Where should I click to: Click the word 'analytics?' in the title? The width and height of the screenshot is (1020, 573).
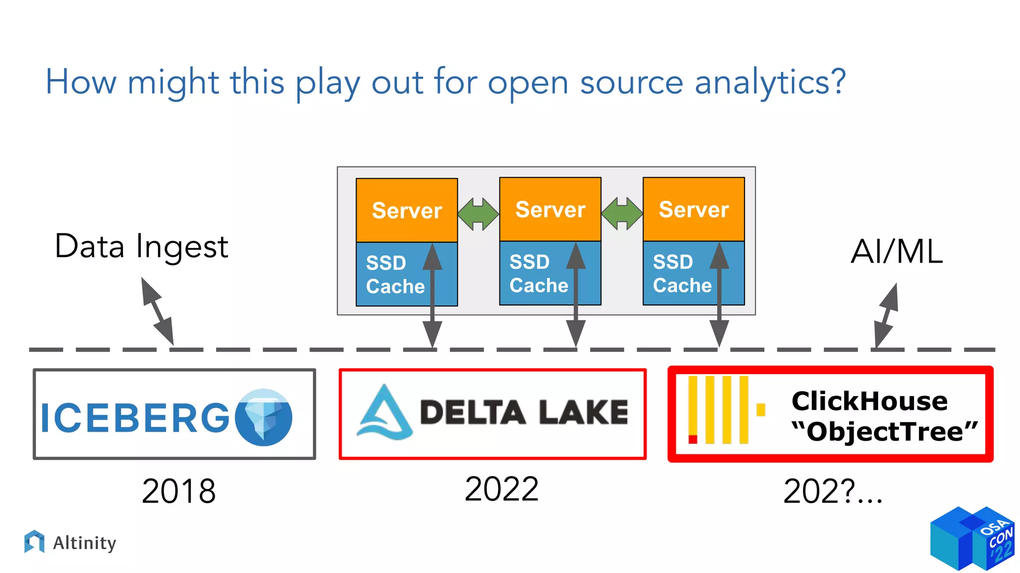(x=769, y=82)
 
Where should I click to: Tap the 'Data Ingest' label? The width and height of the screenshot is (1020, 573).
(x=141, y=247)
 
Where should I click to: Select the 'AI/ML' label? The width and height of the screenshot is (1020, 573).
(x=896, y=252)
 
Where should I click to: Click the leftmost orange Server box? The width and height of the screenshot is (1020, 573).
(x=406, y=210)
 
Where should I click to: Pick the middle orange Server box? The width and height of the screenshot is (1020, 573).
(x=550, y=209)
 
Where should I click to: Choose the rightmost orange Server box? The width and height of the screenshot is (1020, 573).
(x=693, y=209)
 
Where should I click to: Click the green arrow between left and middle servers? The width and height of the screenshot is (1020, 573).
(x=478, y=214)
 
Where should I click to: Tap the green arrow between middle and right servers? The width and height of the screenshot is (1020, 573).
(x=622, y=213)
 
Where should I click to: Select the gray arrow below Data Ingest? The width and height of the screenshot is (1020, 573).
(x=157, y=311)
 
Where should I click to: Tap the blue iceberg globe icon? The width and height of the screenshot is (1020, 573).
(x=263, y=417)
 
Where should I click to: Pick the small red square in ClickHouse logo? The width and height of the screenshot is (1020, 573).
(x=693, y=439)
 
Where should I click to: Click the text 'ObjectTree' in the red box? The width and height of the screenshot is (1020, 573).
(x=885, y=432)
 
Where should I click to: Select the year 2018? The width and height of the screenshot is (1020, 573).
(x=179, y=491)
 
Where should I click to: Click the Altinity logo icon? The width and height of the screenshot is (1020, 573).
(x=34, y=542)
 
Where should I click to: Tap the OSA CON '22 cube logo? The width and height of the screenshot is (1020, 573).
(x=972, y=539)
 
